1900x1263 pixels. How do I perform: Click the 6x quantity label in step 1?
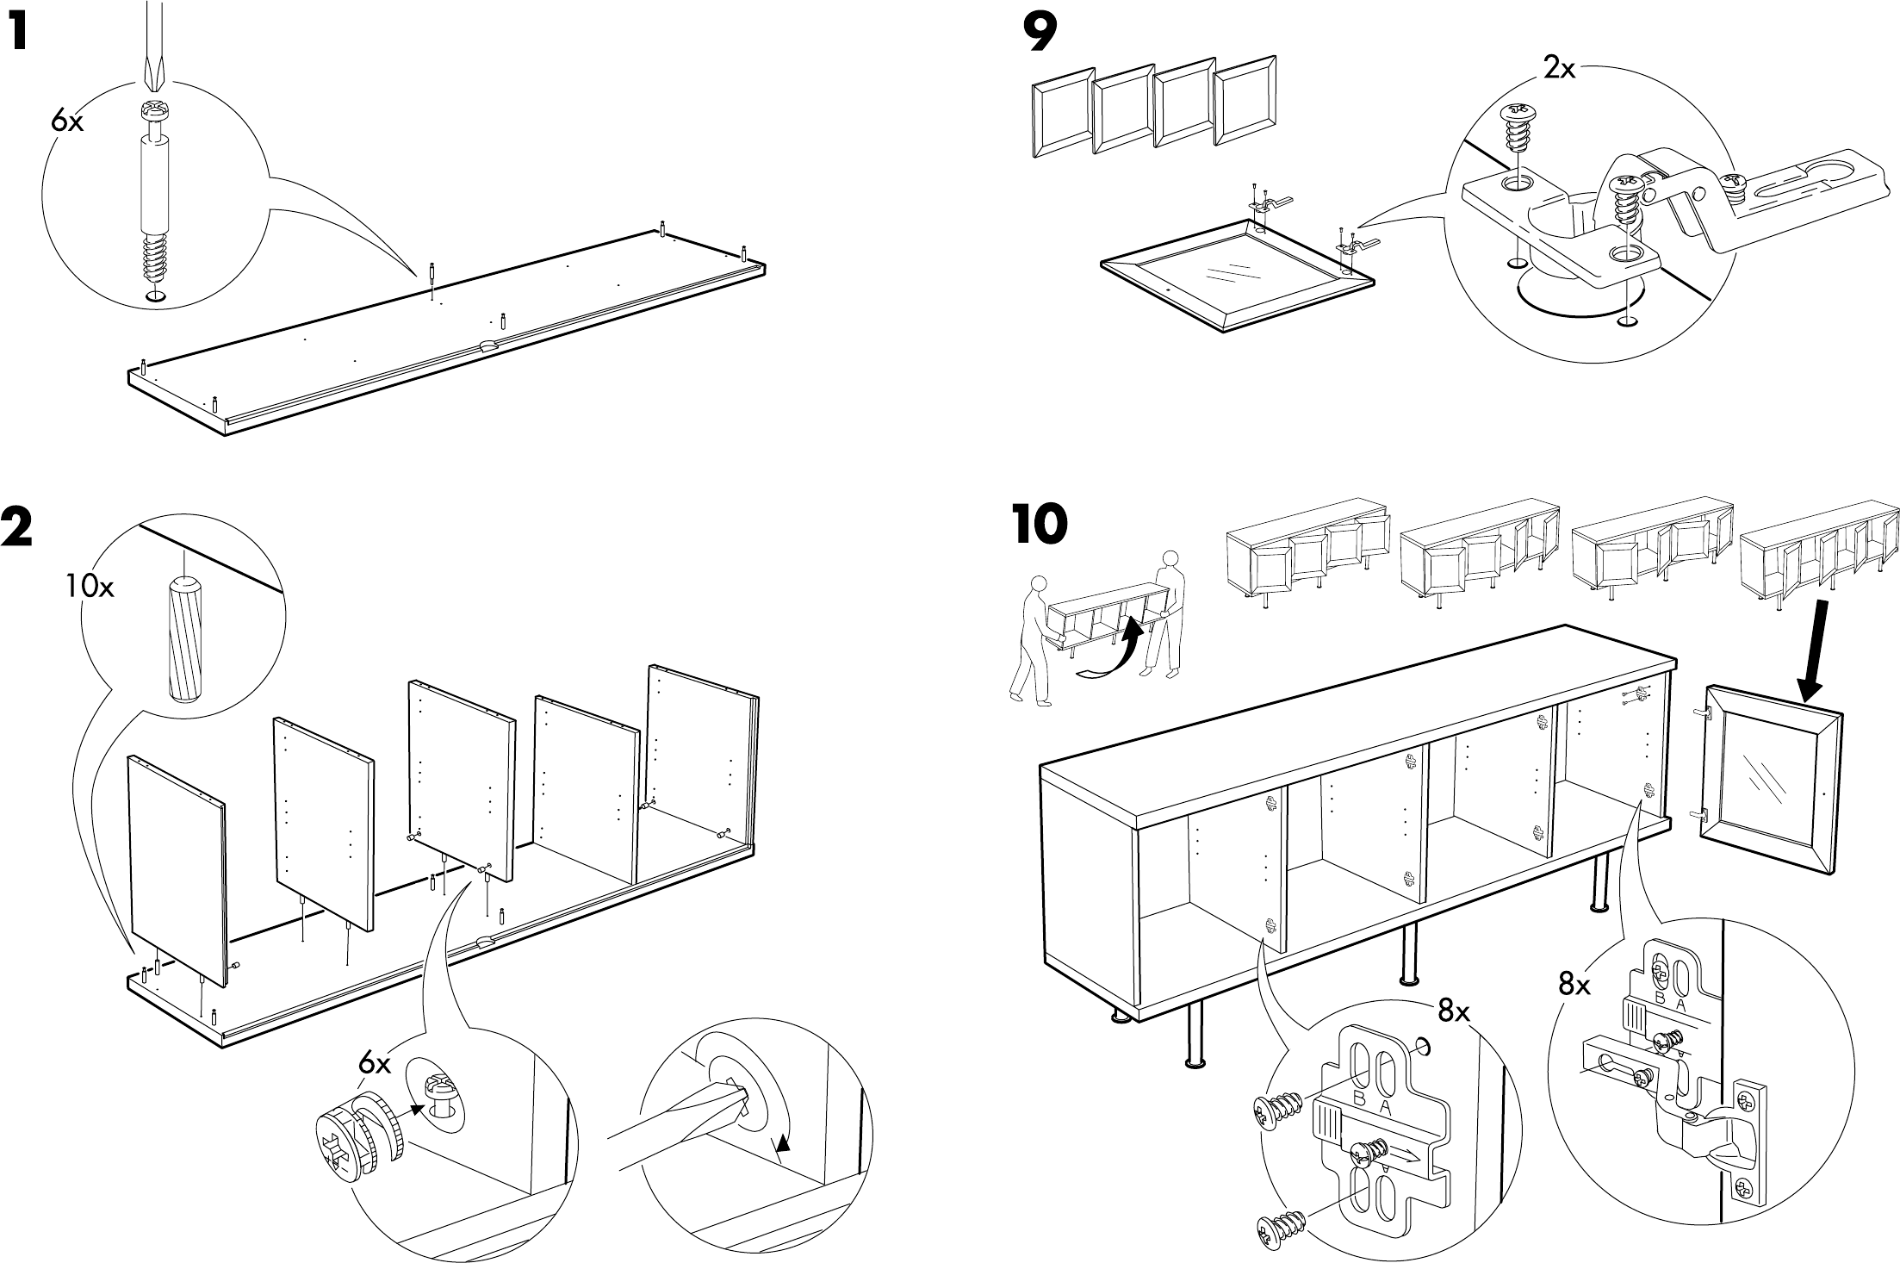coord(67,122)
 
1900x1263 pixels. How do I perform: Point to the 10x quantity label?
coord(88,588)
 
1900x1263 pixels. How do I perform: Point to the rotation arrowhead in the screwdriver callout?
coord(781,1144)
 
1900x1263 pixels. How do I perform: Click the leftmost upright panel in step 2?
coord(177,862)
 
